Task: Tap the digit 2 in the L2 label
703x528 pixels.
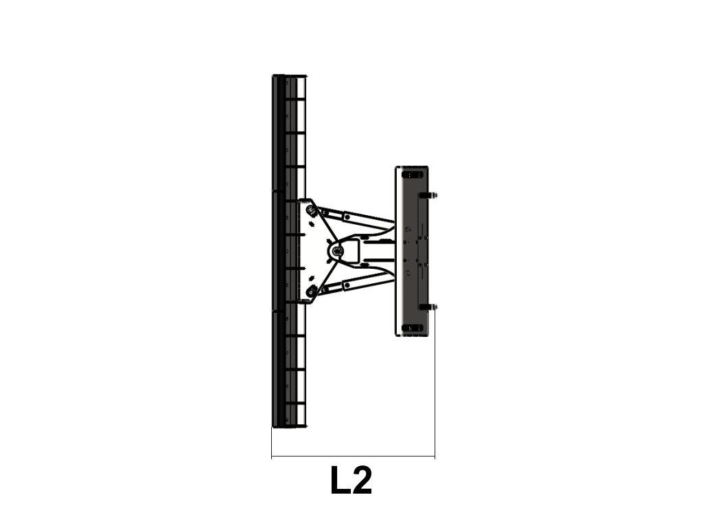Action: (361, 480)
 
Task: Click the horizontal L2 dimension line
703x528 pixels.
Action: (354, 457)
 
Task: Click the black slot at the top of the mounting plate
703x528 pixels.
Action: (412, 175)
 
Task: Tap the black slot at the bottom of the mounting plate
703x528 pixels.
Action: (412, 329)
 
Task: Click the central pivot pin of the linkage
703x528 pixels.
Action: (336, 252)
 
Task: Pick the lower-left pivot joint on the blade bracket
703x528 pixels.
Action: (310, 292)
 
